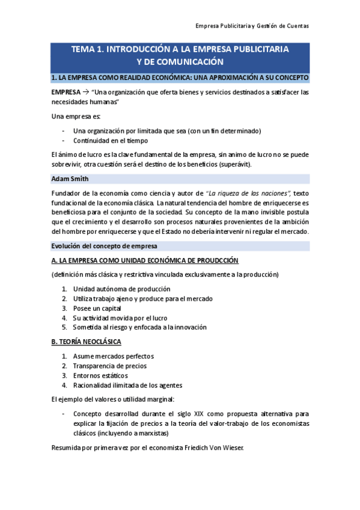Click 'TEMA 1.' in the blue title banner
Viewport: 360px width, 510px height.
coord(88,50)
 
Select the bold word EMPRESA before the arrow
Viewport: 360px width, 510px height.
coord(65,92)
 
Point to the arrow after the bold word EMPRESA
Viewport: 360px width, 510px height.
coord(85,92)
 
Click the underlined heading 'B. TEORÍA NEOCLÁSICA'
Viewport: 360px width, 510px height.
coord(87,342)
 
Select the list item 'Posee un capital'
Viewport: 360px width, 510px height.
coord(97,308)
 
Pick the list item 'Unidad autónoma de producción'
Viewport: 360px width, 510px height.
coord(121,289)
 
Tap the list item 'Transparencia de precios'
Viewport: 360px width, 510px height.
coord(109,366)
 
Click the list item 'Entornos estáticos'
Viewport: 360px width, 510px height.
coord(100,375)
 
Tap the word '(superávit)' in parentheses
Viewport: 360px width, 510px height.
coord(234,164)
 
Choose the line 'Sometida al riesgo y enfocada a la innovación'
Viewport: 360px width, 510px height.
coord(139,327)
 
